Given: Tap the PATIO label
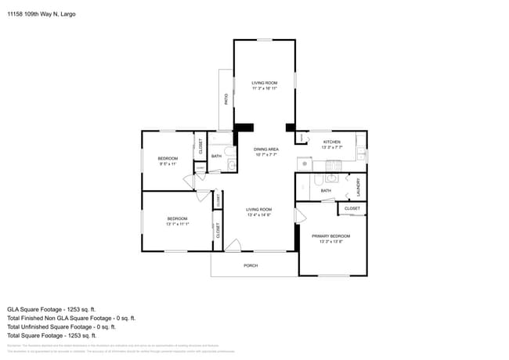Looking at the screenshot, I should pyautogui.click(x=226, y=99).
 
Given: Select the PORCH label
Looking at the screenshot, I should pyautogui.click(x=251, y=265).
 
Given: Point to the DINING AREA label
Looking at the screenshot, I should pyautogui.click(x=266, y=149).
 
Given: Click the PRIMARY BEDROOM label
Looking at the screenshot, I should pyautogui.click(x=330, y=236).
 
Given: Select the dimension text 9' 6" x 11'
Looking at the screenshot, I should pyautogui.click(x=168, y=164).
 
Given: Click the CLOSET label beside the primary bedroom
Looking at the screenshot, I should pyautogui.click(x=352, y=208).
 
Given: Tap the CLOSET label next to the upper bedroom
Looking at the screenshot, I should pyautogui.click(x=200, y=145).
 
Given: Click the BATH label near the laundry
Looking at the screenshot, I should pyautogui.click(x=326, y=190).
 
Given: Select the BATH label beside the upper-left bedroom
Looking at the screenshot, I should pyautogui.click(x=216, y=156).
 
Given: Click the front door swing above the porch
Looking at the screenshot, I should pyautogui.click(x=233, y=246).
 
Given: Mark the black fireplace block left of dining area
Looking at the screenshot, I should pyautogui.click(x=244, y=127).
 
